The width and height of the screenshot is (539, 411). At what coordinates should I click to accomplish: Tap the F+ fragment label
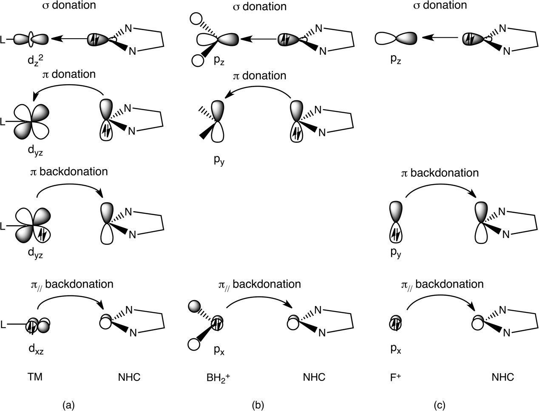pyautogui.click(x=395, y=377)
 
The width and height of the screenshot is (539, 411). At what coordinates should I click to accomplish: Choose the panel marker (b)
pyautogui.click(x=258, y=405)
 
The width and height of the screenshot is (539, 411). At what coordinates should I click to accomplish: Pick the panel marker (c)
pyautogui.click(x=440, y=405)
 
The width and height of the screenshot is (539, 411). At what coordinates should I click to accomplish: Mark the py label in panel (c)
pyautogui.click(x=396, y=255)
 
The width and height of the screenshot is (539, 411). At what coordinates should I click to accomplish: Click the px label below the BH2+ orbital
pyautogui.click(x=219, y=351)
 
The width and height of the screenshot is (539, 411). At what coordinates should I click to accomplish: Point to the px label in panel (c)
pyautogui.click(x=396, y=350)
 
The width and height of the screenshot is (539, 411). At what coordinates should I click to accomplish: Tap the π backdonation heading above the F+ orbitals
pyautogui.click(x=440, y=173)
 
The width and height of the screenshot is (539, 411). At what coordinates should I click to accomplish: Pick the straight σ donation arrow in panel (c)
pyautogui.click(x=440, y=38)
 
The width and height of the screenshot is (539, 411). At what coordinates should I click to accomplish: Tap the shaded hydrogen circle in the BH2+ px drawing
pyautogui.click(x=194, y=306)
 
